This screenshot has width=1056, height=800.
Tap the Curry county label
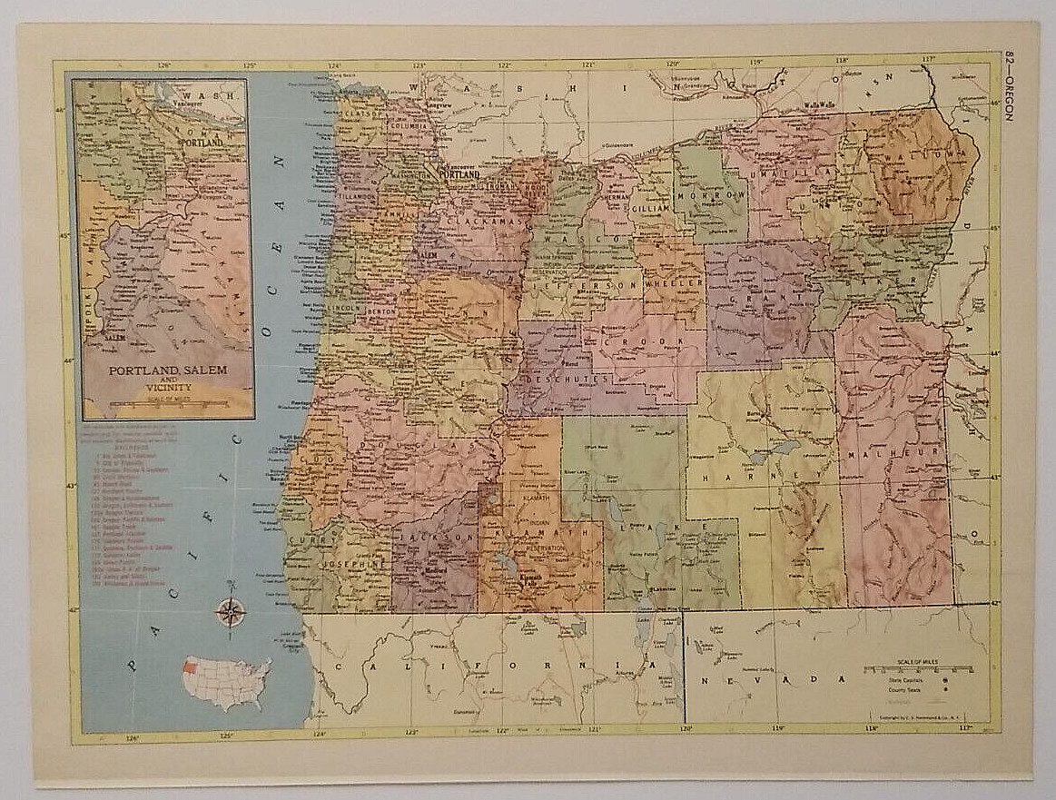(301, 541)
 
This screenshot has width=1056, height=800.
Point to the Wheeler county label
(675, 284)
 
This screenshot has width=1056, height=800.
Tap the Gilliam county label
(651, 208)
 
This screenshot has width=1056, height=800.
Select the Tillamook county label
(359, 196)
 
